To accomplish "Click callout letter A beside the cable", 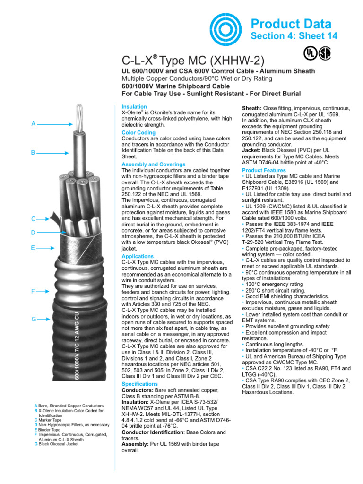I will (x=33, y=123).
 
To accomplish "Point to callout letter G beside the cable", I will (x=33, y=320).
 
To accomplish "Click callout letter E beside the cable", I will (x=33, y=247).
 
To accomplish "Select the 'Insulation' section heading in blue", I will (x=134, y=107).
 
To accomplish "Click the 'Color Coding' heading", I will (x=138, y=133).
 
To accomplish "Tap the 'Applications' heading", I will (x=138, y=256).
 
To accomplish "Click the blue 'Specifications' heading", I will (x=140, y=384).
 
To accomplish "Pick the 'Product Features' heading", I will (x=264, y=170).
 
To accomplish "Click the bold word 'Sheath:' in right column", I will (x=251, y=108).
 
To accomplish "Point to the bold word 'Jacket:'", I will (x=251, y=151).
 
